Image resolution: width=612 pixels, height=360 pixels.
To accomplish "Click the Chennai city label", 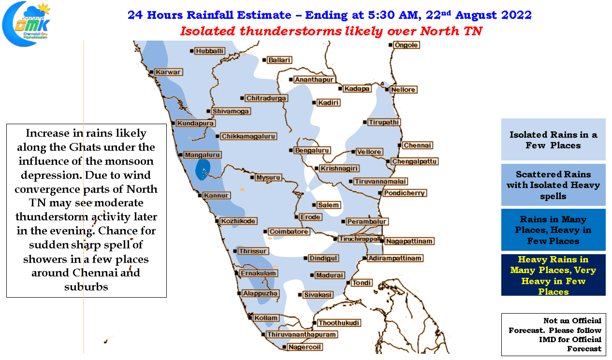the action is click(x=417, y=145).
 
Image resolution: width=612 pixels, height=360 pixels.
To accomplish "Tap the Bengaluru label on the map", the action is click(x=312, y=150).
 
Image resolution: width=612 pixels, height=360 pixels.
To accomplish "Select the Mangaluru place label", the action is click(x=202, y=155).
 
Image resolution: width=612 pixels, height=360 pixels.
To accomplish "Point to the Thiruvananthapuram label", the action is click(x=302, y=334).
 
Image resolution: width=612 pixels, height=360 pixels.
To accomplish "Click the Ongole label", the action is click(x=406, y=45).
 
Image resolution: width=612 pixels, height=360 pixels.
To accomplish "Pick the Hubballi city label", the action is click(x=209, y=51).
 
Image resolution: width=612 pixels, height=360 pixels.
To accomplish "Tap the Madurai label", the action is click(x=330, y=275).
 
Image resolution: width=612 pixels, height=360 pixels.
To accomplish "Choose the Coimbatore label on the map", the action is click(x=289, y=231).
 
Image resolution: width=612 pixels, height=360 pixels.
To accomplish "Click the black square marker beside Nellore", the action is click(x=387, y=89).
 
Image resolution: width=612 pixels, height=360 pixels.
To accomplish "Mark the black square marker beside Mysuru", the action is click(x=252, y=177).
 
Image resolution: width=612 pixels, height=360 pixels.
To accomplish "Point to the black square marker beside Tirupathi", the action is click(x=365, y=122).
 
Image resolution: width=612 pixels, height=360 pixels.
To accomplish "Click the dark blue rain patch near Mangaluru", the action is click(x=203, y=169).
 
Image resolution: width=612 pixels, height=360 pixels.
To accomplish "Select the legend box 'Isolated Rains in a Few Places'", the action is click(x=553, y=139).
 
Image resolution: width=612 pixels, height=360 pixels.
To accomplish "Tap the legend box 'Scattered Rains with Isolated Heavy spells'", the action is click(x=553, y=185).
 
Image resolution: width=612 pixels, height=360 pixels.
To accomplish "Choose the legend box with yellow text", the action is click(x=553, y=275).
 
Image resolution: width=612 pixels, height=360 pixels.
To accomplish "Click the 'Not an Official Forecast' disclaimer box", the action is click(x=554, y=334).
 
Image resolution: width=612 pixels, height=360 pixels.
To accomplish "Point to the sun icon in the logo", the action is click(x=44, y=9).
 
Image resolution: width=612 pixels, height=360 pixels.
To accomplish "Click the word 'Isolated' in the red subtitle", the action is click(x=208, y=31).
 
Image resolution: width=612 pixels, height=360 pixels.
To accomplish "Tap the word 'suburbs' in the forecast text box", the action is click(x=86, y=287).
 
